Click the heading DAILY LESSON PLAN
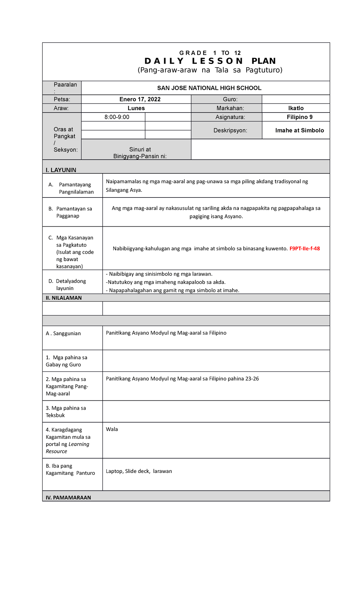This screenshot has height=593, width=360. click(210, 61)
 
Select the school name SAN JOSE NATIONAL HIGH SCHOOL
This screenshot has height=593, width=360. click(209, 88)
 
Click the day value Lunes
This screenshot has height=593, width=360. click(136, 108)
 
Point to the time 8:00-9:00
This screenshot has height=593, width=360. click(117, 117)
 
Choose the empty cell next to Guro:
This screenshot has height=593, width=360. click(295, 99)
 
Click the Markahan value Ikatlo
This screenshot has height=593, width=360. click(296, 108)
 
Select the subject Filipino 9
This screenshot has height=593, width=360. click(299, 117)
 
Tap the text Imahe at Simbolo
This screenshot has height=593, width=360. click(299, 130)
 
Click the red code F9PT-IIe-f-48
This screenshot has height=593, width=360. click(304, 248)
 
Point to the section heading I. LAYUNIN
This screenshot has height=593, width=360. click(61, 170)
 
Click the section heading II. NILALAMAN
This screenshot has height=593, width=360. click(64, 298)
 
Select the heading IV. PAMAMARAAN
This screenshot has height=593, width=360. click(68, 498)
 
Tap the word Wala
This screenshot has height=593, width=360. click(112, 429)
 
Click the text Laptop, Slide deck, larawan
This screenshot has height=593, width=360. click(139, 471)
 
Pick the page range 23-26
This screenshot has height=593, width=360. click(252, 379)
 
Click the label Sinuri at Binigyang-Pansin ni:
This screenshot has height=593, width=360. click(140, 153)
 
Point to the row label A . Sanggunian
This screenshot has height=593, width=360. click(63, 333)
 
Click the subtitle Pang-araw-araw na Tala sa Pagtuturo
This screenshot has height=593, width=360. click(210, 70)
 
